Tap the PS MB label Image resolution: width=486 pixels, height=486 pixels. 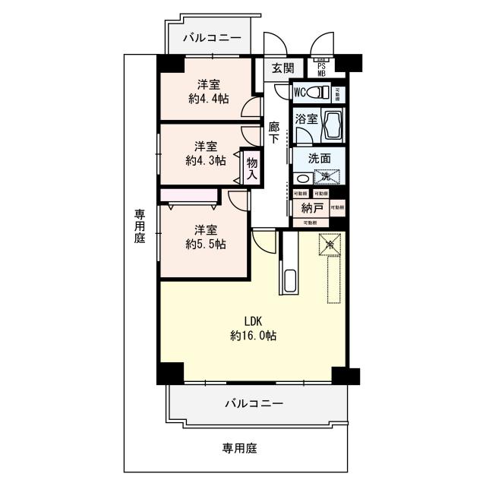pos(321,69)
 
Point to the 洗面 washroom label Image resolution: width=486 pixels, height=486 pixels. pos(318,159)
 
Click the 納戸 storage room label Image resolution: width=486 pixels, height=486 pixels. pos(311,207)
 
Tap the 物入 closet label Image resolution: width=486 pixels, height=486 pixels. pos(252,166)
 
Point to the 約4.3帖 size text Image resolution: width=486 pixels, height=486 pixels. pos(205,160)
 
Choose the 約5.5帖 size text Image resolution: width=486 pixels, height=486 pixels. pos(205,244)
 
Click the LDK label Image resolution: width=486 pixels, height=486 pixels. pos(253,320)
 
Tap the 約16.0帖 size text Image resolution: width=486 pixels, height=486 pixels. pos(253,335)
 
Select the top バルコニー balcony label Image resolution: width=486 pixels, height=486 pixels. pos(212,38)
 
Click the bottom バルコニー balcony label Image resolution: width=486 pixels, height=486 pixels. pos(253,403)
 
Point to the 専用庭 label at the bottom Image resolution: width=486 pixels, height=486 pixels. pos(239,448)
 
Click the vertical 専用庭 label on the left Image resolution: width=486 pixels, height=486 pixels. pos(140,226)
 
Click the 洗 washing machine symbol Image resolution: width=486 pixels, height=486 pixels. pos(326,177)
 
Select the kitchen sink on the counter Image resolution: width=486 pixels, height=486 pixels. pos(289,280)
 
